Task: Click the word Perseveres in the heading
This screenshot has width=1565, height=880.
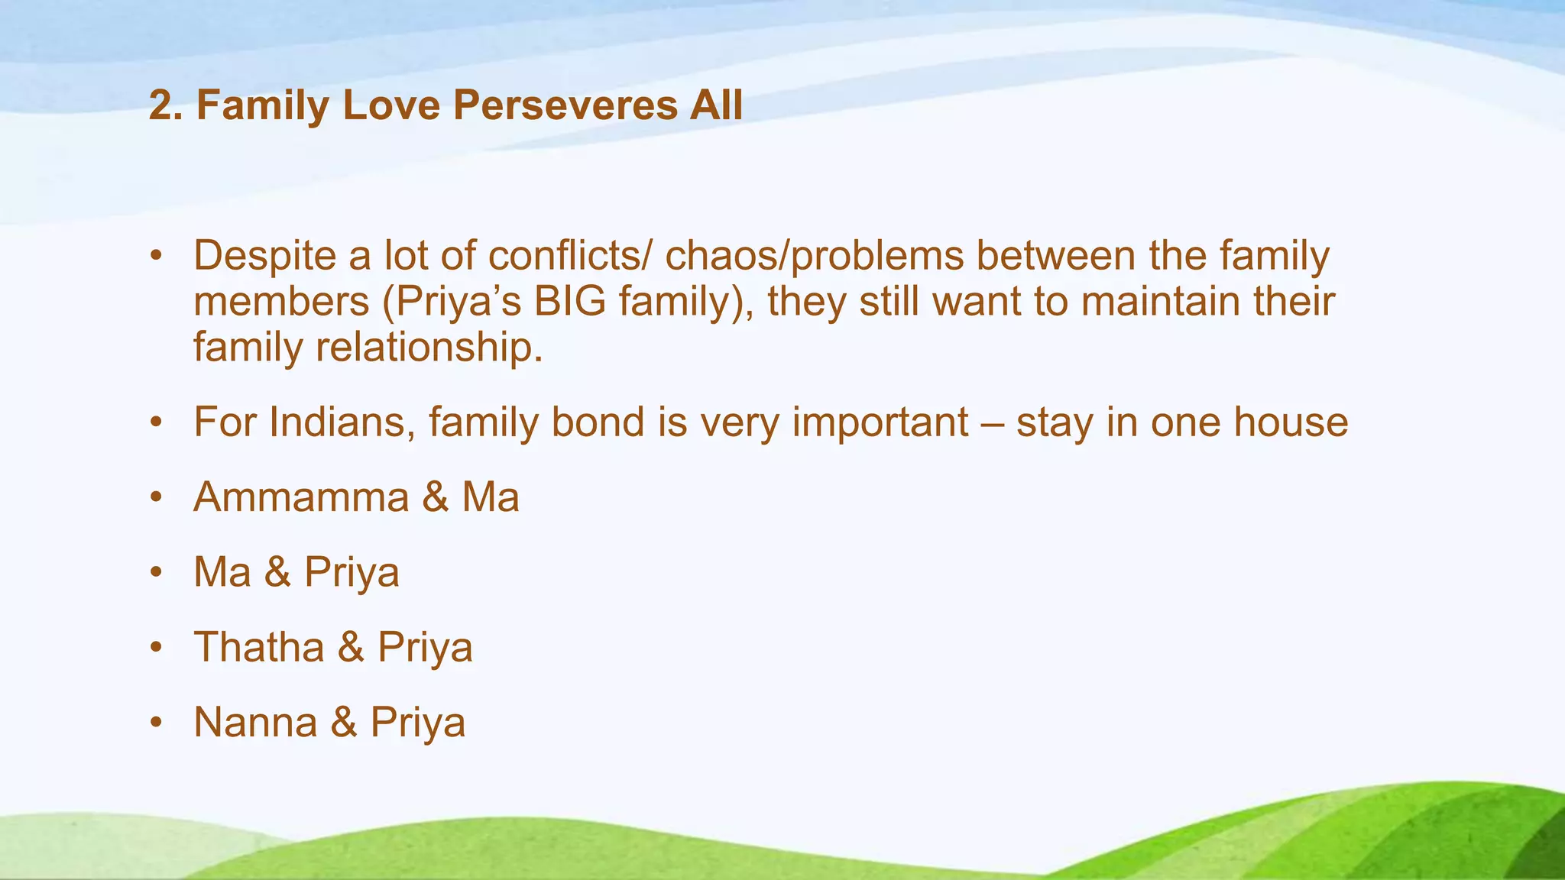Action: (x=565, y=105)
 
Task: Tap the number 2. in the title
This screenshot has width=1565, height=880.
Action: (x=166, y=105)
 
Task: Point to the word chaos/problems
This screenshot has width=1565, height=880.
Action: (x=814, y=256)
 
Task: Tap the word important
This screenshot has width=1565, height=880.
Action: (x=880, y=422)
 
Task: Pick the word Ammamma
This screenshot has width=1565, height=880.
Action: (x=301, y=497)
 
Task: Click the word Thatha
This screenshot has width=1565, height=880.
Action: (x=259, y=647)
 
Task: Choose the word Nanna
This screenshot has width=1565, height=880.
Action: (x=255, y=722)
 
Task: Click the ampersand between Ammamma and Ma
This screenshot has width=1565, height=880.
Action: (x=435, y=497)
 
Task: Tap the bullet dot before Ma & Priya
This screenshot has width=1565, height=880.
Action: (x=157, y=572)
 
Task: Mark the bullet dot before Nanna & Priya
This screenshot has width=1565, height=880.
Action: (x=157, y=722)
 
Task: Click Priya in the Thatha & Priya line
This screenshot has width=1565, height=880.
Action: (x=425, y=648)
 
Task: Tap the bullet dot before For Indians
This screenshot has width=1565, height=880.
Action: (x=157, y=422)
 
